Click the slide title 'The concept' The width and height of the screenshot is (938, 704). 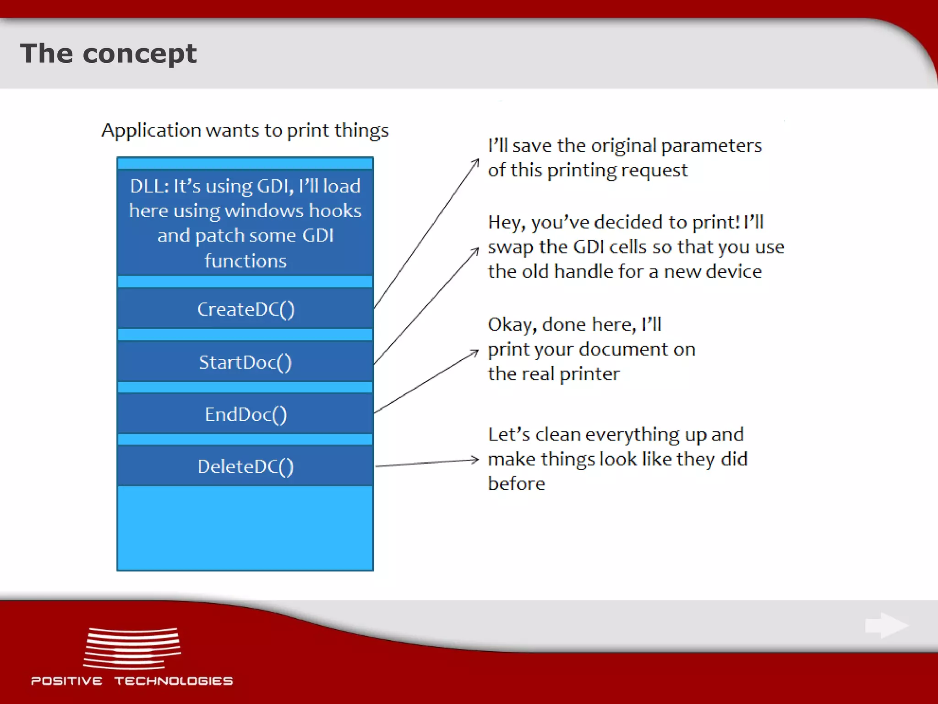click(x=108, y=54)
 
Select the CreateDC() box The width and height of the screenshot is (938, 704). click(x=245, y=309)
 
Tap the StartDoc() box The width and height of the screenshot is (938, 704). click(x=245, y=362)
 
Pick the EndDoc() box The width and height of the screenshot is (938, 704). click(x=245, y=414)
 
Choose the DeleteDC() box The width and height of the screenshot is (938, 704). click(x=245, y=467)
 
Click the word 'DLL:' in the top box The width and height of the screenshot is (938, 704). click(x=149, y=187)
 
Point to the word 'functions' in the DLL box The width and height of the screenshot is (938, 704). click(x=245, y=261)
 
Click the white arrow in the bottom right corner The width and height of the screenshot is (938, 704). click(x=886, y=625)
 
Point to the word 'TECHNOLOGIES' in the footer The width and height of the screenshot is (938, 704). click(x=174, y=681)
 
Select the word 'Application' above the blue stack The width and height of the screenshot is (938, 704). click(x=151, y=131)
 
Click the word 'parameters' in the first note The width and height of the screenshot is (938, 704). click(x=711, y=146)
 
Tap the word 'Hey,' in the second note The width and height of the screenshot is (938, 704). click(x=507, y=223)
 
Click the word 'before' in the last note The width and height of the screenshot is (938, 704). click(x=516, y=484)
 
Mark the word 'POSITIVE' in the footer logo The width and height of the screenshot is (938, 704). click(x=67, y=681)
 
